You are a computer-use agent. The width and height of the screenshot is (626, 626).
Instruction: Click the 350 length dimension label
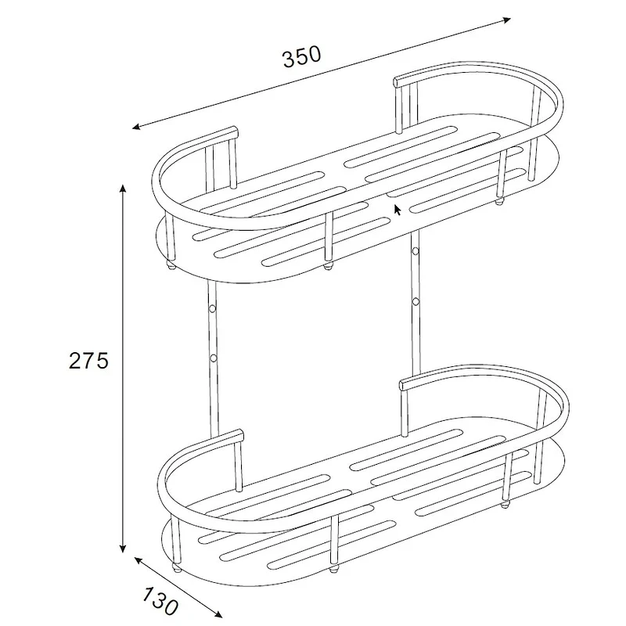pyautogui.click(x=302, y=56)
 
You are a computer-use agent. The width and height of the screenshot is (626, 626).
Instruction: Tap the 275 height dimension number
pyautogui.click(x=88, y=361)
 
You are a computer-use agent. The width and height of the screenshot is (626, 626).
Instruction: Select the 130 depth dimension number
pyautogui.click(x=160, y=600)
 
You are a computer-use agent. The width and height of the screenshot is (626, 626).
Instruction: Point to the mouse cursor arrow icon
pyautogui.click(x=398, y=210)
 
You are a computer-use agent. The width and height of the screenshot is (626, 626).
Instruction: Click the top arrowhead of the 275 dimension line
pyautogui.click(x=123, y=189)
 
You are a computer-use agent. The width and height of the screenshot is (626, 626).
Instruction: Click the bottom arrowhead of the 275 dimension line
pyautogui.click(x=123, y=549)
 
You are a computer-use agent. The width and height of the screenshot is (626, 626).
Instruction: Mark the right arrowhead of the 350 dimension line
pyautogui.click(x=506, y=20)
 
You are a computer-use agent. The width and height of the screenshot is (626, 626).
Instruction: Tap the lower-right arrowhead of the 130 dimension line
pyautogui.click(x=218, y=614)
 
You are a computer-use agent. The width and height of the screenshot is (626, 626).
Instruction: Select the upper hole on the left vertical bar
pyautogui.click(x=213, y=308)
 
